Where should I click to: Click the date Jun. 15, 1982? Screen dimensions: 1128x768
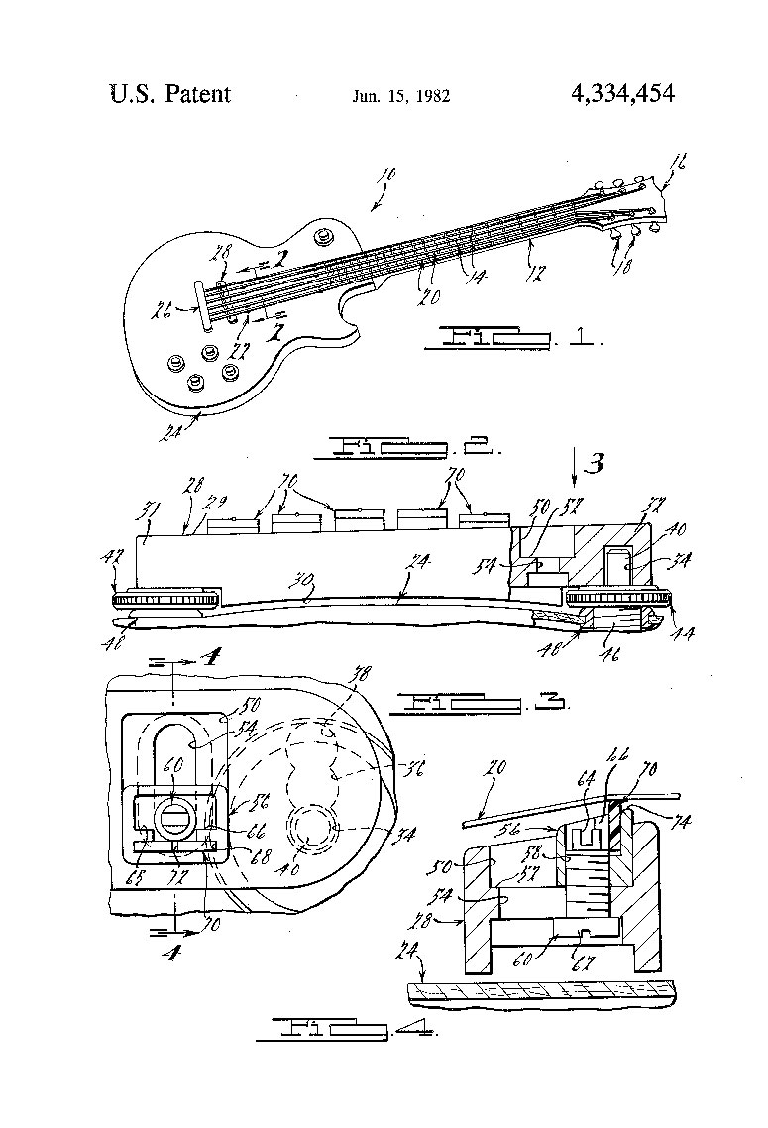click(401, 97)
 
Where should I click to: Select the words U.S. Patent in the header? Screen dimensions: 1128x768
click(169, 95)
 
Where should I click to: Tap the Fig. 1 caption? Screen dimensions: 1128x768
click(511, 339)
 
